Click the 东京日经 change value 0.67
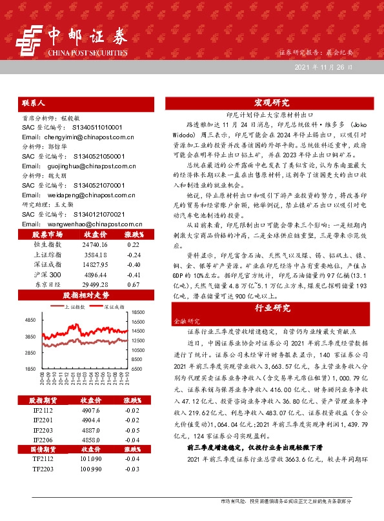click(x=134, y=302)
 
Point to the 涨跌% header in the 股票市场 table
click(x=134, y=252)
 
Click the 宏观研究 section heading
click(x=271, y=103)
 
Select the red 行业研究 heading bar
click(x=271, y=308)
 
